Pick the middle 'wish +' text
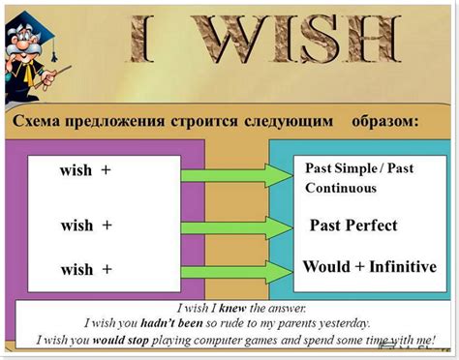86,225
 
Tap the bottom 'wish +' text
86,269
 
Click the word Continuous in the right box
341,188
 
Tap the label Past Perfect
352,225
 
